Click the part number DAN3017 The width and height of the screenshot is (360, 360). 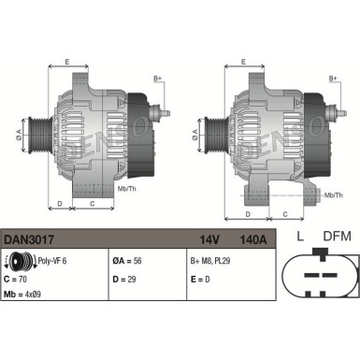29,239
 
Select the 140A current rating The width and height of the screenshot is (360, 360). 254,239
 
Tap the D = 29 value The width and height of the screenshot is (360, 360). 126,279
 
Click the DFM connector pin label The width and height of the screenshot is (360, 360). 336,237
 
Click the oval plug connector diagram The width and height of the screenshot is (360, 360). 319,280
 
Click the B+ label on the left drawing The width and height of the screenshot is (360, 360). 157,79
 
